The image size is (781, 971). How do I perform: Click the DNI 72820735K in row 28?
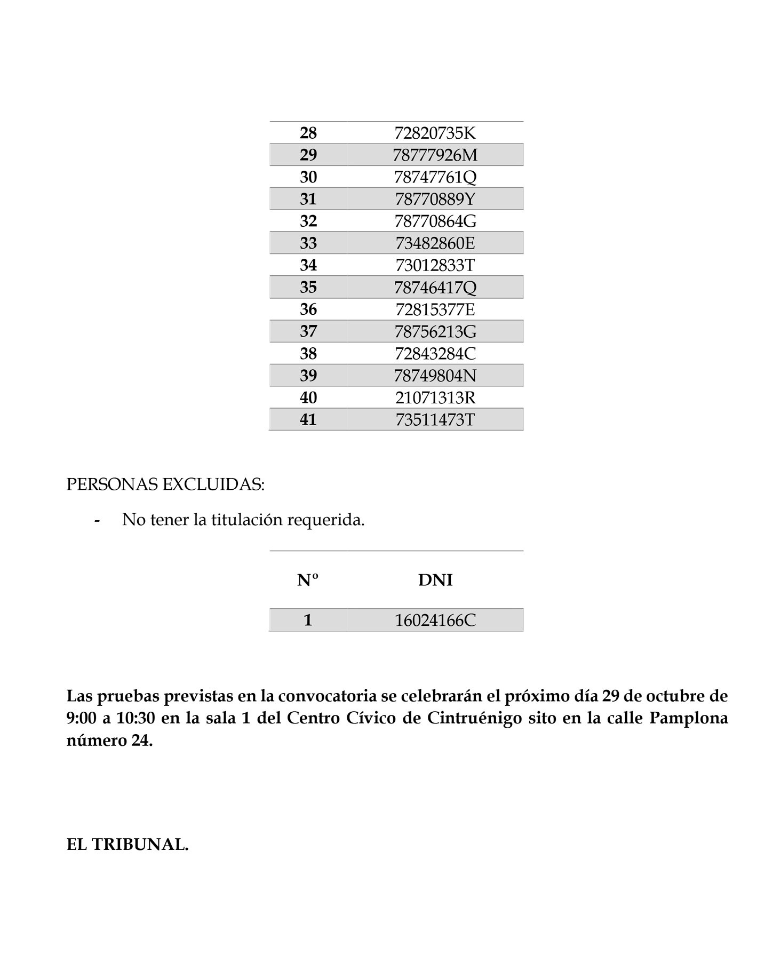[x=435, y=133]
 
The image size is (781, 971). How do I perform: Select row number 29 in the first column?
[x=308, y=155]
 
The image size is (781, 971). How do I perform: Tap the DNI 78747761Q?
[x=435, y=177]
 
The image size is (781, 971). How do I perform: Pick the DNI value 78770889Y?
[x=435, y=199]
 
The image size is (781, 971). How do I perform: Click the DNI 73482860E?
[x=435, y=243]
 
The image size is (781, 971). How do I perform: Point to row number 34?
[x=308, y=265]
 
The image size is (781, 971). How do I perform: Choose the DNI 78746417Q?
[x=435, y=288]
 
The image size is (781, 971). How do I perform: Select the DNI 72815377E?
[x=435, y=309]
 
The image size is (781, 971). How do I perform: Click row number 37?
[x=308, y=331]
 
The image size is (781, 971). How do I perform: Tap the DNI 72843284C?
[x=435, y=354]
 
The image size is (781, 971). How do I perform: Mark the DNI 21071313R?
[x=435, y=398]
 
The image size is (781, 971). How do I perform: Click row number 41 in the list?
[x=308, y=420]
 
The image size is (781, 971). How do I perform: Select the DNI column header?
[x=435, y=580]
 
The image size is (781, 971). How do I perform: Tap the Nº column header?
[x=308, y=580]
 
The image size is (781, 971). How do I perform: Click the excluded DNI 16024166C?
[x=435, y=620]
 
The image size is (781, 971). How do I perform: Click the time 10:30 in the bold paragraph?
[x=136, y=719]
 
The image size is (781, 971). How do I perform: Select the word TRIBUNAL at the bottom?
[x=140, y=845]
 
